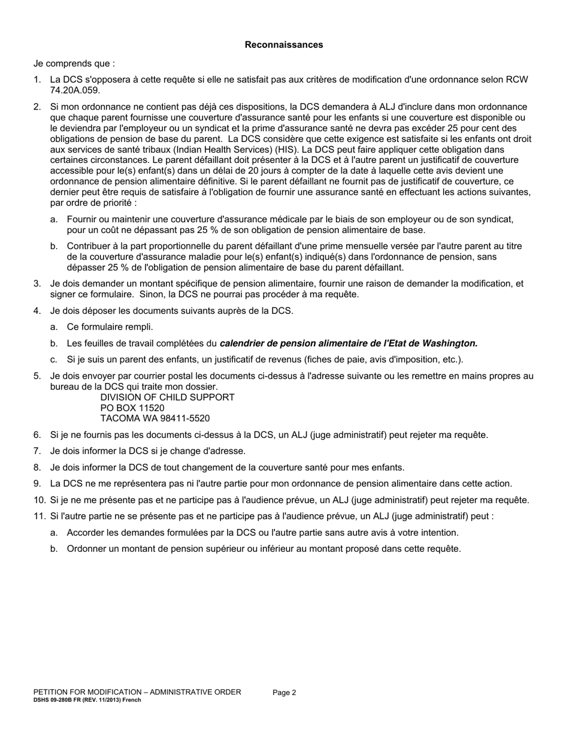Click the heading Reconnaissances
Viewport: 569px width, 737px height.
click(x=284, y=45)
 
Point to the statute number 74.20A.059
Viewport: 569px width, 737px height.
click(x=75, y=90)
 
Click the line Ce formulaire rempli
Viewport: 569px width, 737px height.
click(x=110, y=327)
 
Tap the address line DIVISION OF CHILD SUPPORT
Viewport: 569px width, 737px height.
click(x=167, y=397)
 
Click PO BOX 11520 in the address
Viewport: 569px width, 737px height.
click(x=132, y=408)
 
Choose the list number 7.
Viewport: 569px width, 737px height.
click(x=37, y=451)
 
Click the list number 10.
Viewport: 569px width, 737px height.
click(x=38, y=500)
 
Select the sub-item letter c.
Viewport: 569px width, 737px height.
click(x=54, y=360)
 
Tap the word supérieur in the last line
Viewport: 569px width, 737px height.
click(x=237, y=548)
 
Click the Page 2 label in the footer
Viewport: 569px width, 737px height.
click(x=284, y=693)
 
